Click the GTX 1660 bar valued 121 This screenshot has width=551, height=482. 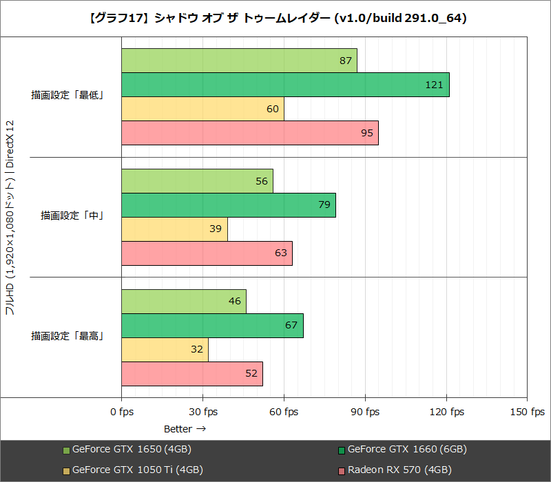click(x=285, y=85)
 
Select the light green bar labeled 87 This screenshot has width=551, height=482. click(x=239, y=61)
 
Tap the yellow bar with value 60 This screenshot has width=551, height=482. click(x=202, y=109)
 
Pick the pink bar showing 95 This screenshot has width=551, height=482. click(x=250, y=133)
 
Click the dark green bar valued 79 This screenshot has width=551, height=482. click(x=229, y=205)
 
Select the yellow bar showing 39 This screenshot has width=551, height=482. click(x=174, y=229)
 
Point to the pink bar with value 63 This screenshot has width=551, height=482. click(x=207, y=253)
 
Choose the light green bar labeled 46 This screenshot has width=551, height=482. click(x=184, y=302)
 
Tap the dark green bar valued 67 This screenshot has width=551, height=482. click(x=212, y=326)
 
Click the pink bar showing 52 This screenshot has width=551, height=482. click(x=192, y=374)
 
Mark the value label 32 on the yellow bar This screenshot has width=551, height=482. click(x=197, y=350)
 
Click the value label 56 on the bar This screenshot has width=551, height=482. click(x=262, y=181)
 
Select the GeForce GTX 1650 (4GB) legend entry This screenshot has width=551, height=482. click(x=127, y=450)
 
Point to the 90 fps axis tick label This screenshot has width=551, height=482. click(x=365, y=412)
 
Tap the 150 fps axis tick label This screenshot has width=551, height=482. click(x=527, y=412)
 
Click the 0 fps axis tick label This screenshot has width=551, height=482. click(x=122, y=412)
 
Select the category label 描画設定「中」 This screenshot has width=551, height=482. click(x=72, y=216)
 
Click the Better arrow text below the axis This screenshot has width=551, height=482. click(x=185, y=428)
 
